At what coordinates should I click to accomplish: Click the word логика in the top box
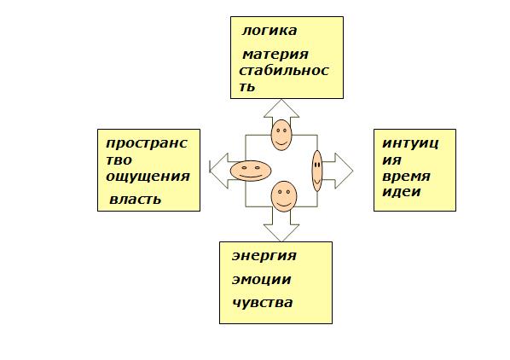[x=269, y=31]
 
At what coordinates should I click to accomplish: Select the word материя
[x=275, y=55]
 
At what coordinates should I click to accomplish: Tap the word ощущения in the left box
[x=148, y=177]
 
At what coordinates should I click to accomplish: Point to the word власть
[x=135, y=200]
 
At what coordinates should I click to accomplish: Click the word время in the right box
[x=406, y=177]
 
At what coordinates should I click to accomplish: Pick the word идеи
[x=402, y=191]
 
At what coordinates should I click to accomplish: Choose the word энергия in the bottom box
[x=264, y=256]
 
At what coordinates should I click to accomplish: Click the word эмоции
[x=261, y=280]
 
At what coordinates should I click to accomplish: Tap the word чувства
[x=263, y=303]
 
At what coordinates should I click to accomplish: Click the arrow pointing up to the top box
[x=281, y=111]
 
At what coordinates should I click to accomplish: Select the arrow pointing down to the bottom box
[x=281, y=228]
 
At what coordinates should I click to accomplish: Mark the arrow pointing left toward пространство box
[x=221, y=171]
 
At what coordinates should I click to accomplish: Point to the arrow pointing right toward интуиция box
[x=339, y=171]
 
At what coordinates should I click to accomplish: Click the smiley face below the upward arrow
[x=281, y=135]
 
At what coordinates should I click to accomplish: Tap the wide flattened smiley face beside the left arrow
[x=251, y=171]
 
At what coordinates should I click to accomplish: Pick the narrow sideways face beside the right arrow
[x=317, y=171]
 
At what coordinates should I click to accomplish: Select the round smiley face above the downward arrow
[x=284, y=196]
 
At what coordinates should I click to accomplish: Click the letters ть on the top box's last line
[x=246, y=87]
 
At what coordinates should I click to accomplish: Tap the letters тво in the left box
[x=119, y=160]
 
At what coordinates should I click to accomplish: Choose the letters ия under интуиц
[x=391, y=160]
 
